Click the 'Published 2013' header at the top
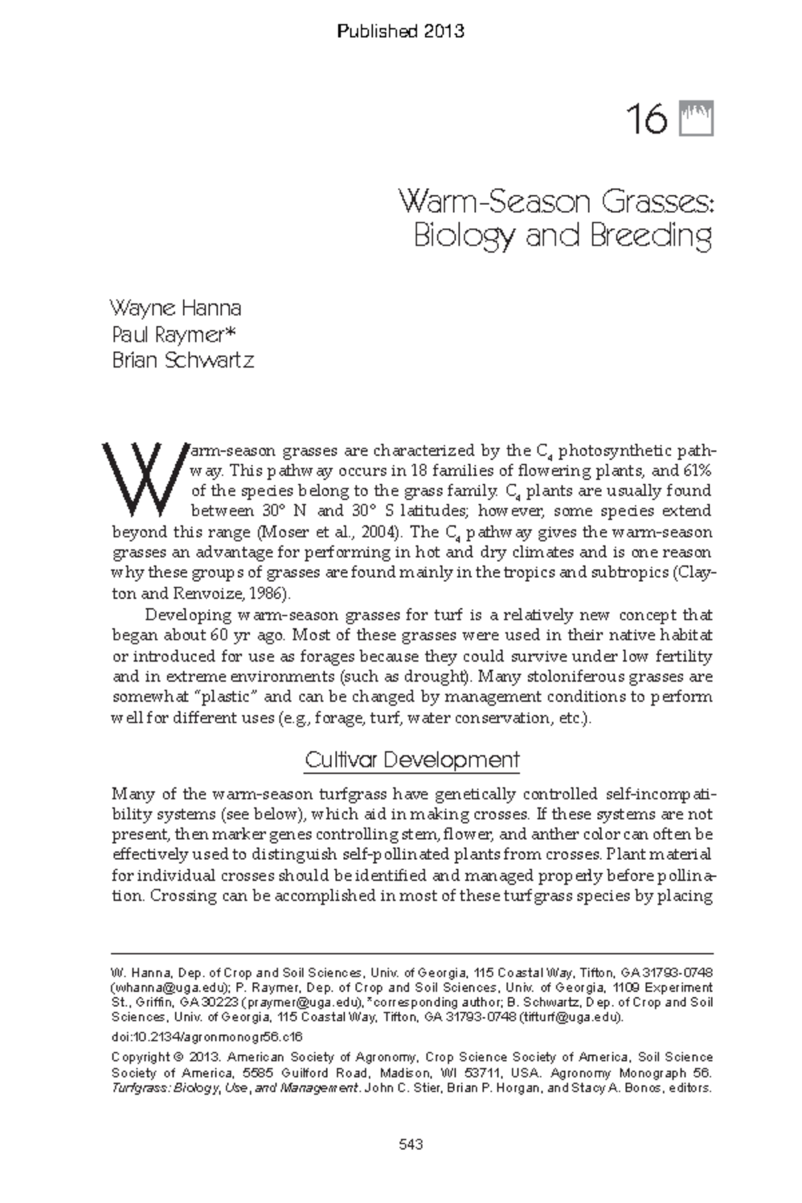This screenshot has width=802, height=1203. [400, 31]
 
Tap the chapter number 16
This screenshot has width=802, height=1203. [646, 120]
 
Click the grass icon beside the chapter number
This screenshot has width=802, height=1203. [697, 119]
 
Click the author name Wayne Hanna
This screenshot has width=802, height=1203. [175, 308]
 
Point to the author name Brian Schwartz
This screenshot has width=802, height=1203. [182, 360]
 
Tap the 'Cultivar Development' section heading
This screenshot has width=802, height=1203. [412, 760]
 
